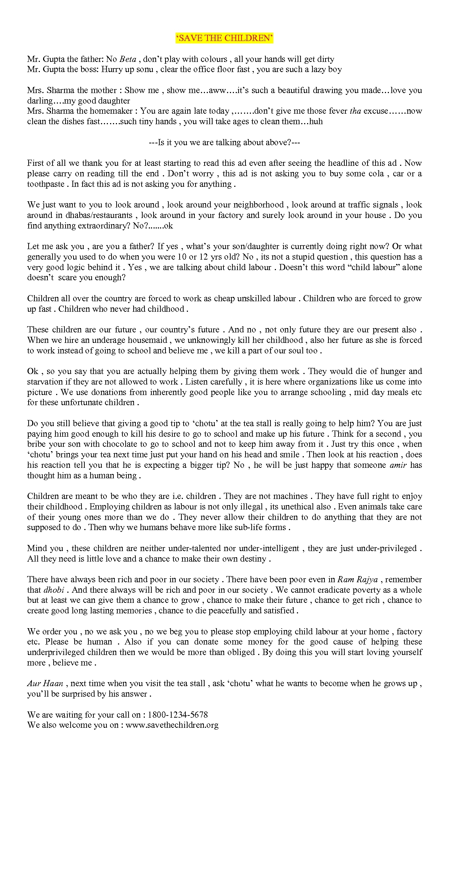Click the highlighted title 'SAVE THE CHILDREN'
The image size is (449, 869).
point(224,38)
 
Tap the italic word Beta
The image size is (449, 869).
point(127,59)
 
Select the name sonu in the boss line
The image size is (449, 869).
point(144,69)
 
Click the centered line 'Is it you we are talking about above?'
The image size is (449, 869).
point(224,142)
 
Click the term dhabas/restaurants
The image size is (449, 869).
point(99,215)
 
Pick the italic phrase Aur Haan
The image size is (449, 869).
point(45,684)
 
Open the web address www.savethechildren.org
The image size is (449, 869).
point(172,725)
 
